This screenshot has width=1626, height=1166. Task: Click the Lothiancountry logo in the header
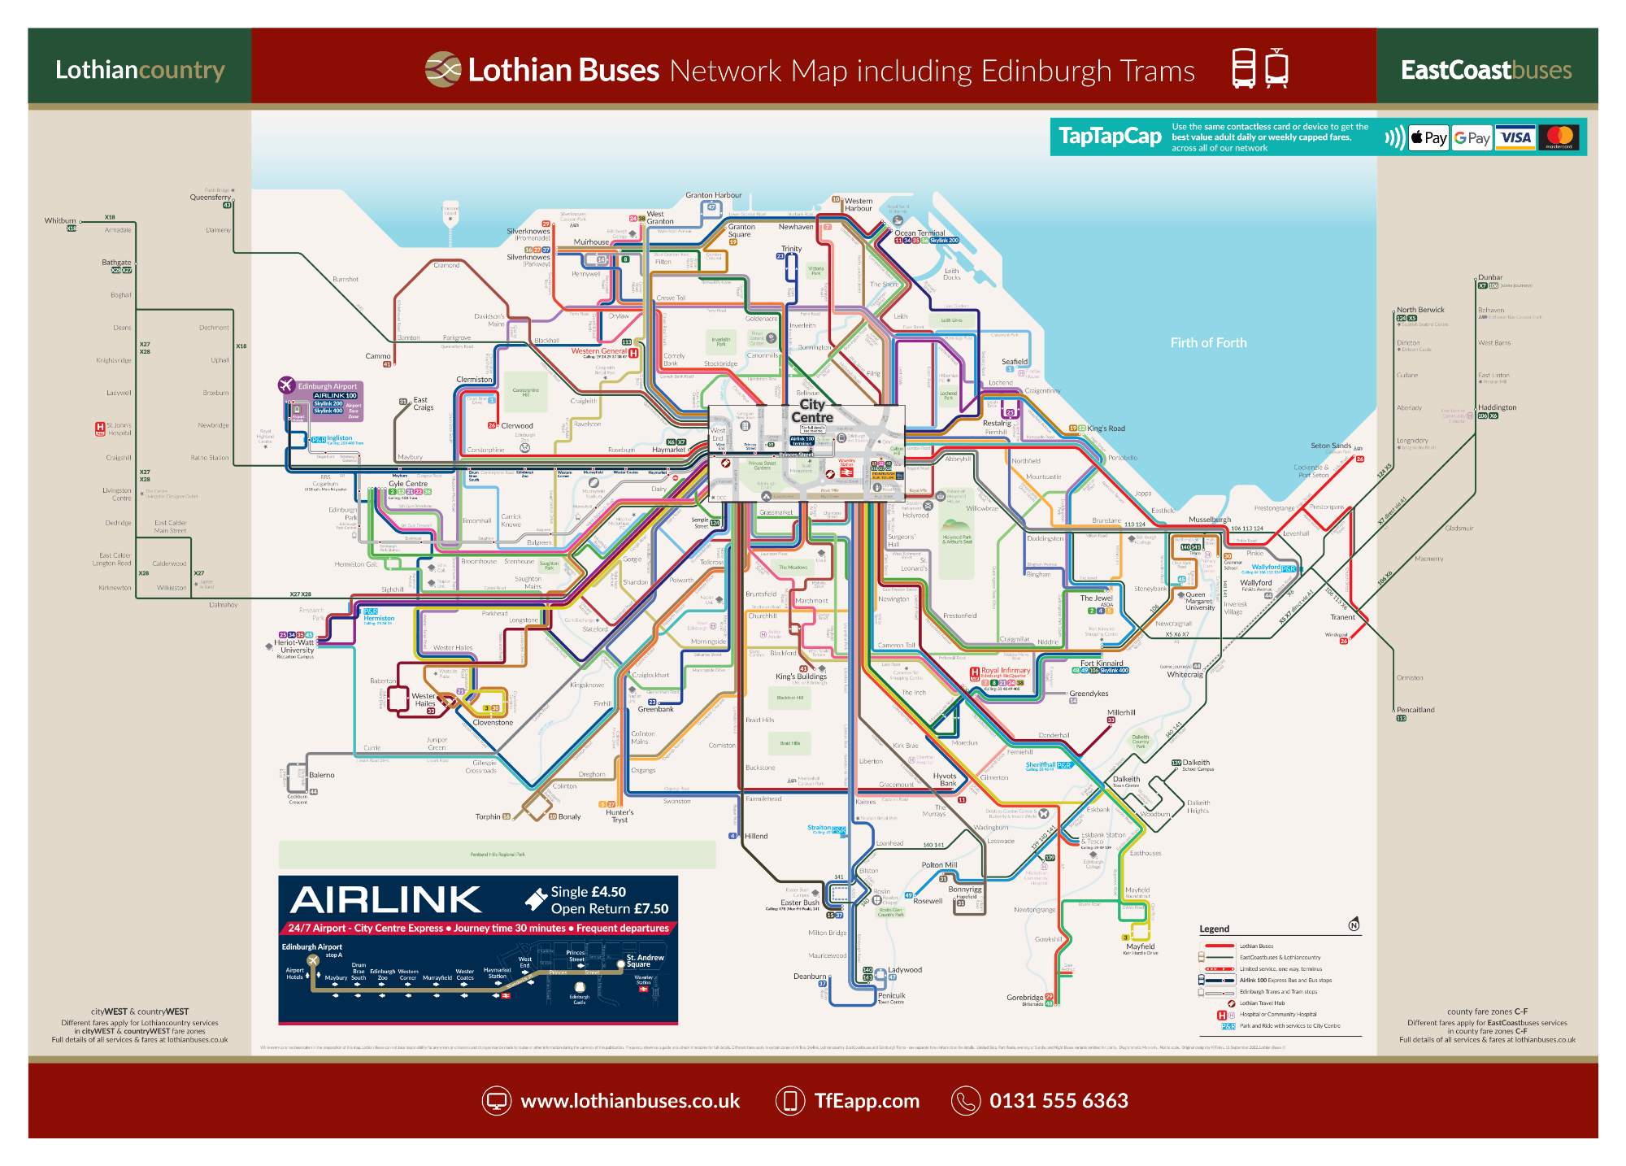(x=140, y=70)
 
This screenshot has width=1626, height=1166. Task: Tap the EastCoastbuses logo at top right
(x=1485, y=70)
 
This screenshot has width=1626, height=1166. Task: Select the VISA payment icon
(x=1515, y=137)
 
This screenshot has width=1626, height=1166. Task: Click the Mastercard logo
(x=1559, y=137)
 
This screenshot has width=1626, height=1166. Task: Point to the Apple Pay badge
(x=1428, y=137)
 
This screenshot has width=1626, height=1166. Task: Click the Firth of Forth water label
(x=1208, y=343)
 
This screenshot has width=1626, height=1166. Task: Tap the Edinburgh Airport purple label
(x=327, y=386)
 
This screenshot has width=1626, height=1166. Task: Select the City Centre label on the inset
(x=811, y=411)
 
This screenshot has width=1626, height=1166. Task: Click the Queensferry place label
(x=211, y=198)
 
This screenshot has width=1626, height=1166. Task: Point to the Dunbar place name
(x=1490, y=277)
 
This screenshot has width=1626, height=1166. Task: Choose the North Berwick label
(x=1420, y=310)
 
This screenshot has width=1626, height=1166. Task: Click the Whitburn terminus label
(x=60, y=220)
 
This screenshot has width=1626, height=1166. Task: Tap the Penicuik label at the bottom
(x=891, y=995)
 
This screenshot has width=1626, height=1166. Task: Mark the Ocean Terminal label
(x=920, y=233)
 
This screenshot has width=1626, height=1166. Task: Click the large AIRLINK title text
(x=386, y=900)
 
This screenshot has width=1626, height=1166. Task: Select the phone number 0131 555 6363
(x=1059, y=1101)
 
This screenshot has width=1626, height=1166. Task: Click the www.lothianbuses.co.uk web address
(x=630, y=1101)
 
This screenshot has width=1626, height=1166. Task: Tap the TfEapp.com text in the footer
(x=867, y=1101)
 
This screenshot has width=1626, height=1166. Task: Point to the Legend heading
(x=1214, y=929)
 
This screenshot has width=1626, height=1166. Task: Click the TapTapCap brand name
(x=1110, y=137)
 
